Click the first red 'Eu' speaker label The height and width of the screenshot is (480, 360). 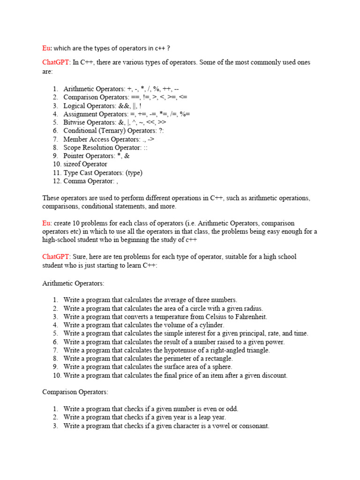pyautogui.click(x=46, y=48)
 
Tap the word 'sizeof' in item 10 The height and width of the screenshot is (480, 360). pyautogui.click(x=73, y=164)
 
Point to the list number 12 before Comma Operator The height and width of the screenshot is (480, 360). pyautogui.click(x=56, y=181)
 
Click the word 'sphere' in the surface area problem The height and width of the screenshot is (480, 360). pyautogui.click(x=220, y=367)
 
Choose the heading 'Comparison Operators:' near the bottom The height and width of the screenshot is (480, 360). pyautogui.click(x=75, y=391)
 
